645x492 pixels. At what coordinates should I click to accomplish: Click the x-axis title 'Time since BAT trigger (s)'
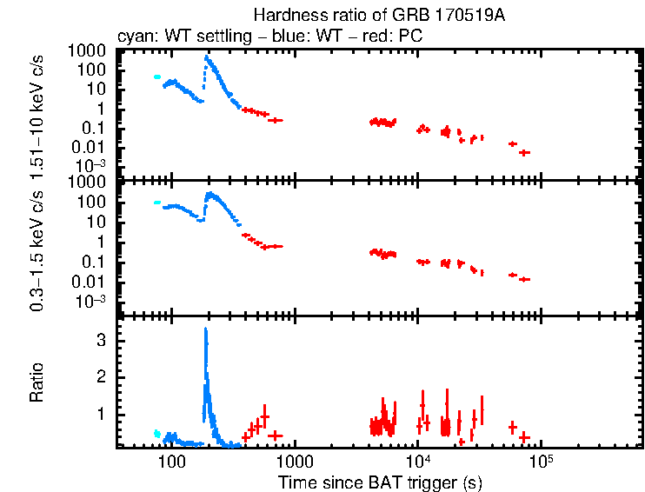(380, 481)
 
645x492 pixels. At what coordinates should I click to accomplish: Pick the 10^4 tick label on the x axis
(418, 461)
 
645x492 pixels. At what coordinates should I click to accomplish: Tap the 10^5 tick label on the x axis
(542, 461)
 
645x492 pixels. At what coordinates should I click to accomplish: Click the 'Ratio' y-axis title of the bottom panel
(37, 383)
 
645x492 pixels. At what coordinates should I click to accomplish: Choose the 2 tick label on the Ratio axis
(103, 377)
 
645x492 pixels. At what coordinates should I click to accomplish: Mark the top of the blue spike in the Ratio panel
(205, 329)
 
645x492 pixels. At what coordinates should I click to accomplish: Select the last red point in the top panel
(524, 152)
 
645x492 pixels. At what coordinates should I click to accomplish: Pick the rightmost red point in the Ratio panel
(524, 435)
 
